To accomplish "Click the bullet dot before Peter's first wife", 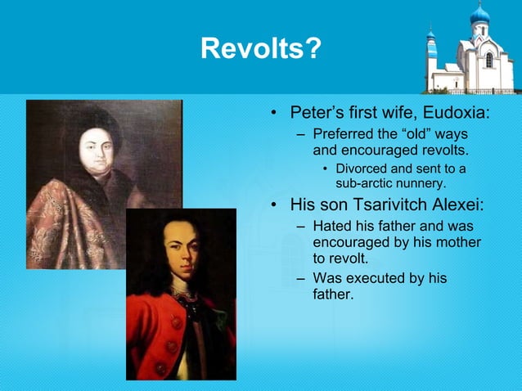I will point(275,112).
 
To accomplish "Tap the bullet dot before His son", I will point(275,204).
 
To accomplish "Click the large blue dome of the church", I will point(479,15).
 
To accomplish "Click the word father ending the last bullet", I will point(333,294).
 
